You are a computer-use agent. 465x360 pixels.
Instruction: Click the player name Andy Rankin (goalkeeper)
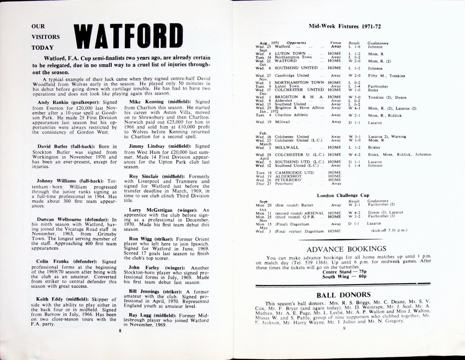tap(72, 102)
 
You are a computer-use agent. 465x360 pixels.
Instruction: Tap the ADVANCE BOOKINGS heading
tap(346, 249)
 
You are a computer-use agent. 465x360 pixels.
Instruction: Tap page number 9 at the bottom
tap(345, 328)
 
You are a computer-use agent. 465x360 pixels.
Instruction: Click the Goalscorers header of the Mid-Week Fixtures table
tap(378, 42)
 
